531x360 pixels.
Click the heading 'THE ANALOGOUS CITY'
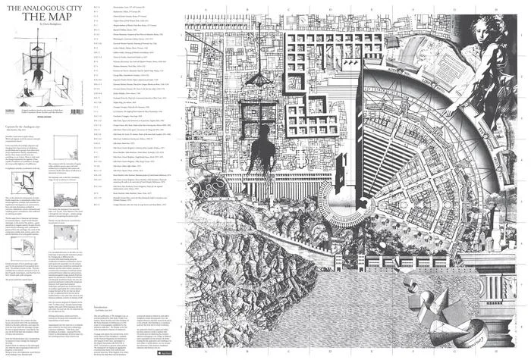pos(35,9)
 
